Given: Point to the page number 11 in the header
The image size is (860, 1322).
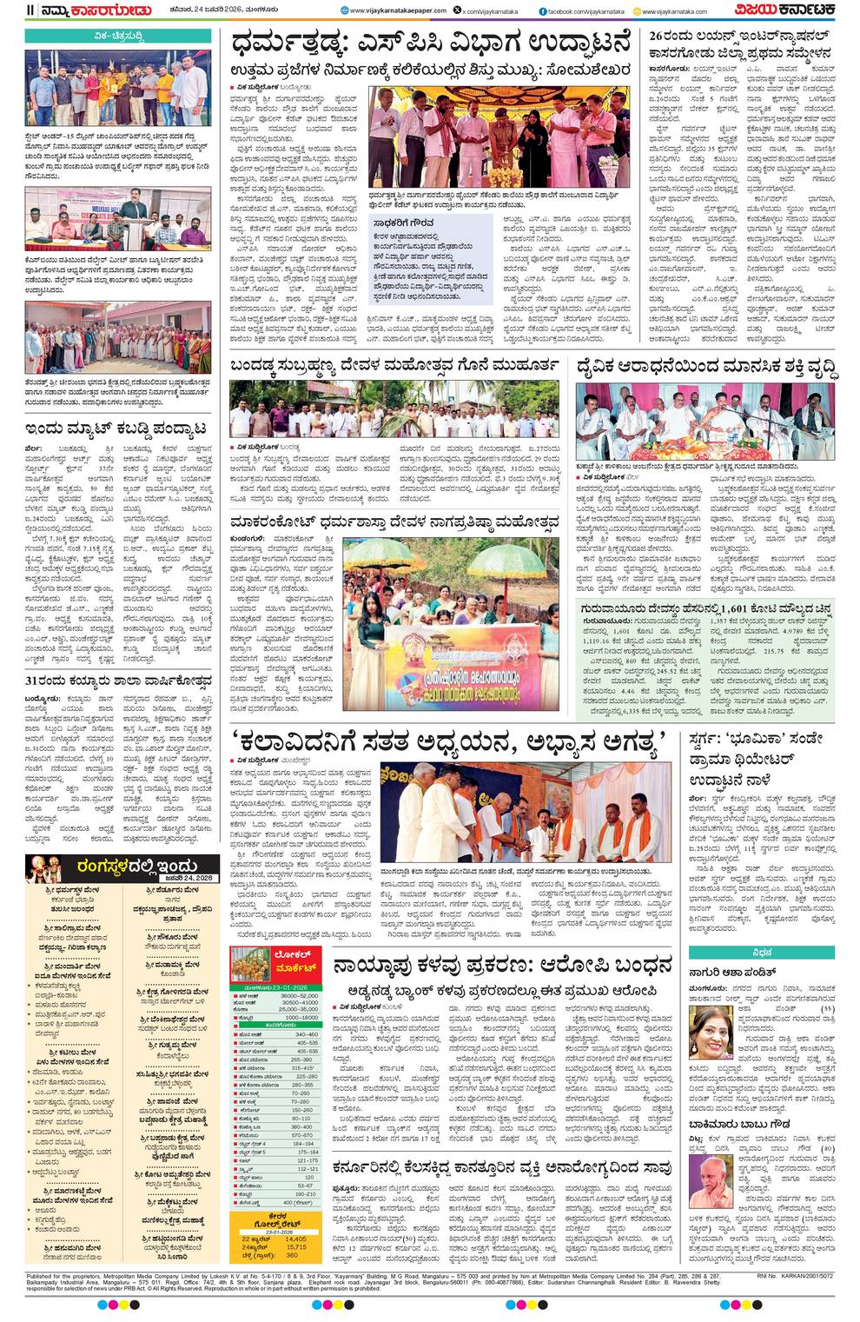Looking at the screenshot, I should (30, 10).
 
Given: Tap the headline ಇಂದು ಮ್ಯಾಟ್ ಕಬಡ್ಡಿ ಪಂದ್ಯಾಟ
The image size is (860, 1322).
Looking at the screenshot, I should (116, 428).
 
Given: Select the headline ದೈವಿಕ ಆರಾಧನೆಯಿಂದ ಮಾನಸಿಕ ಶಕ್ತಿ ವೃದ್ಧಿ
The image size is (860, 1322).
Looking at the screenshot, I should (707, 369).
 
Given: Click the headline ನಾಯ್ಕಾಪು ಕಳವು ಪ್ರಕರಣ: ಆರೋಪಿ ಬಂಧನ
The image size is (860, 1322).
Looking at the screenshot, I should (504, 965).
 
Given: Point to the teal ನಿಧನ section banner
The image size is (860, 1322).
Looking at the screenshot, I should (761, 952).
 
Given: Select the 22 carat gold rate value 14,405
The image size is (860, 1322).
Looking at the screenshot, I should (295, 1238).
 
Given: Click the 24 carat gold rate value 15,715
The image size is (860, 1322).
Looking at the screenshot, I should (295, 1246).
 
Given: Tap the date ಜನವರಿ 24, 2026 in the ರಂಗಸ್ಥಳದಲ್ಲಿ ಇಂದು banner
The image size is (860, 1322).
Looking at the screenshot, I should (190, 878).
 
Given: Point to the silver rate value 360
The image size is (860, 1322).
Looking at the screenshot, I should (292, 1255).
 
